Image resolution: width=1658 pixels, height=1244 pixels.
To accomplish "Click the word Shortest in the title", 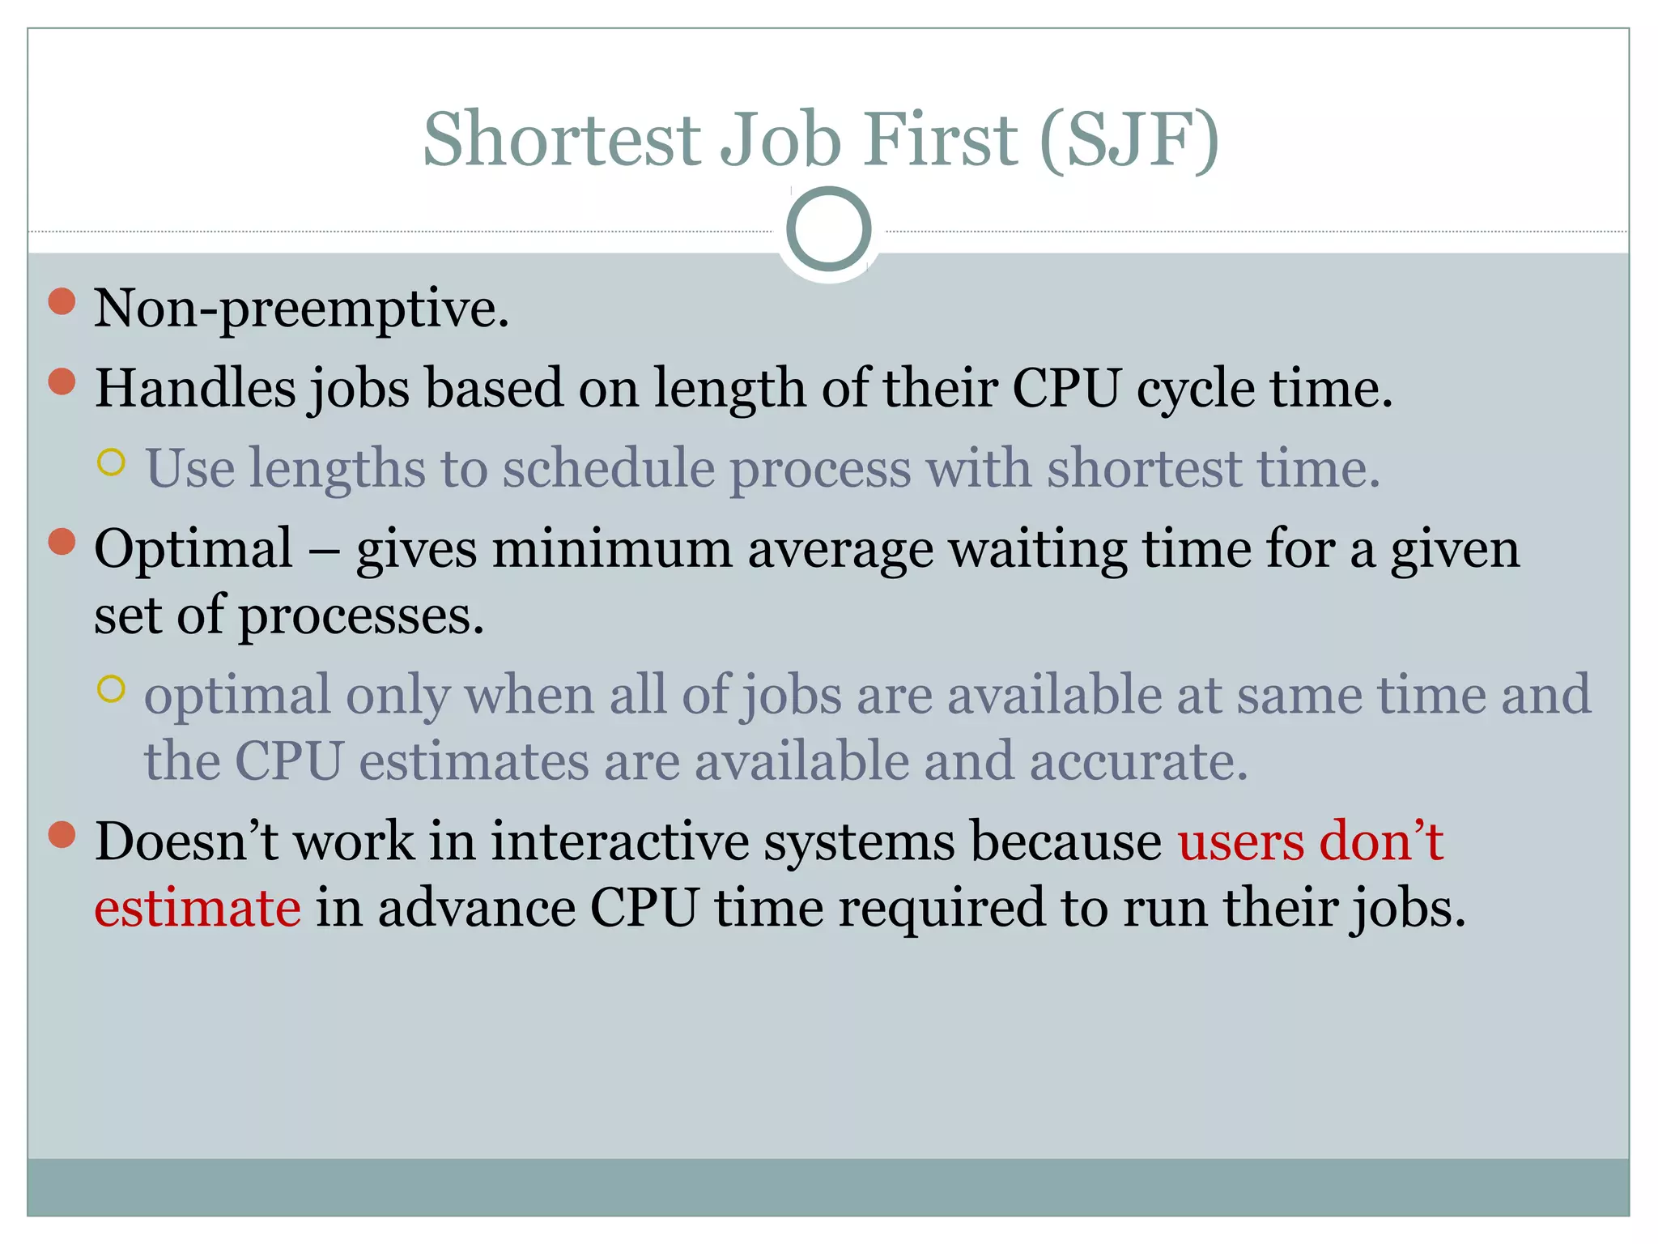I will (x=561, y=139).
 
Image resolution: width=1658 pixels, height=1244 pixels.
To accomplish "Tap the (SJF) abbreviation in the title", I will (x=1129, y=139).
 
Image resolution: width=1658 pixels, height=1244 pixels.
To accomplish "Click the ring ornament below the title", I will (x=828, y=229).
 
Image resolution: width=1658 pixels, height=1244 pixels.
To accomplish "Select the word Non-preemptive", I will (x=301, y=309).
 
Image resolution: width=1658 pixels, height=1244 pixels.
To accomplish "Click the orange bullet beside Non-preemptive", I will (x=62, y=301).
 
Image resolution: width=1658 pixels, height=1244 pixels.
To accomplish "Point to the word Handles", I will (x=195, y=388).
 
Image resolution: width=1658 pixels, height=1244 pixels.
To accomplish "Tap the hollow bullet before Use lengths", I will (x=111, y=462).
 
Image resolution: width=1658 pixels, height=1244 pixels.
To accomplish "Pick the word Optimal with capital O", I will (x=193, y=550).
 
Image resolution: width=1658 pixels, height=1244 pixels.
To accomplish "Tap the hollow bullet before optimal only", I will (x=111, y=689).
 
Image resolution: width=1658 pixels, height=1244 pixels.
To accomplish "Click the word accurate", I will (x=1138, y=762).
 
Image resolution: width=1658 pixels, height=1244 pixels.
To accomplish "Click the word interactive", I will (x=619, y=841).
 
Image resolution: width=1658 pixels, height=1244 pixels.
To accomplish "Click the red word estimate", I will (x=198, y=908).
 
